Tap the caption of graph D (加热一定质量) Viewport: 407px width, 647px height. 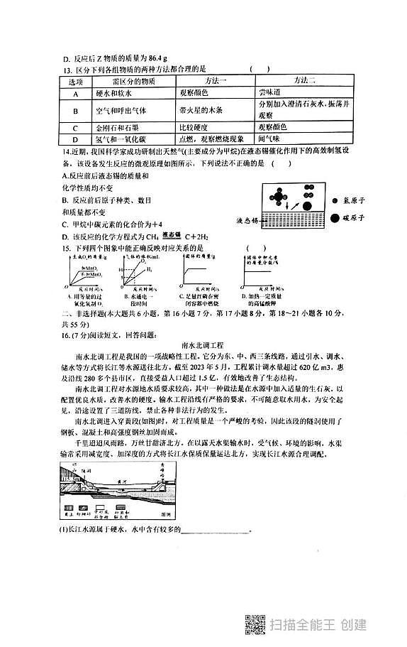point(264,298)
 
